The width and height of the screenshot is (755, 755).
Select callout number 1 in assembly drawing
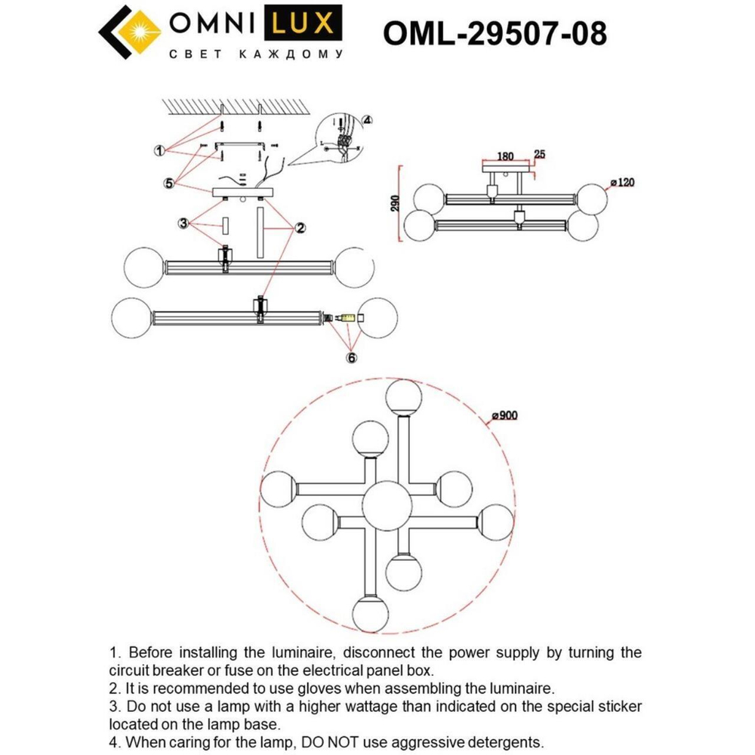(159, 151)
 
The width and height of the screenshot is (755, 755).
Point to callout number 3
(183, 223)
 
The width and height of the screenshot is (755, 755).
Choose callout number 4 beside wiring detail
(367, 119)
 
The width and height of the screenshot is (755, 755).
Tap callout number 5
(170, 182)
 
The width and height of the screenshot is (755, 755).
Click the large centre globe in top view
(387, 504)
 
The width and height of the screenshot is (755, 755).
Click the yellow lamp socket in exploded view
(347, 319)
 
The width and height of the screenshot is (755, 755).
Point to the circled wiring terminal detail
(340, 138)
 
